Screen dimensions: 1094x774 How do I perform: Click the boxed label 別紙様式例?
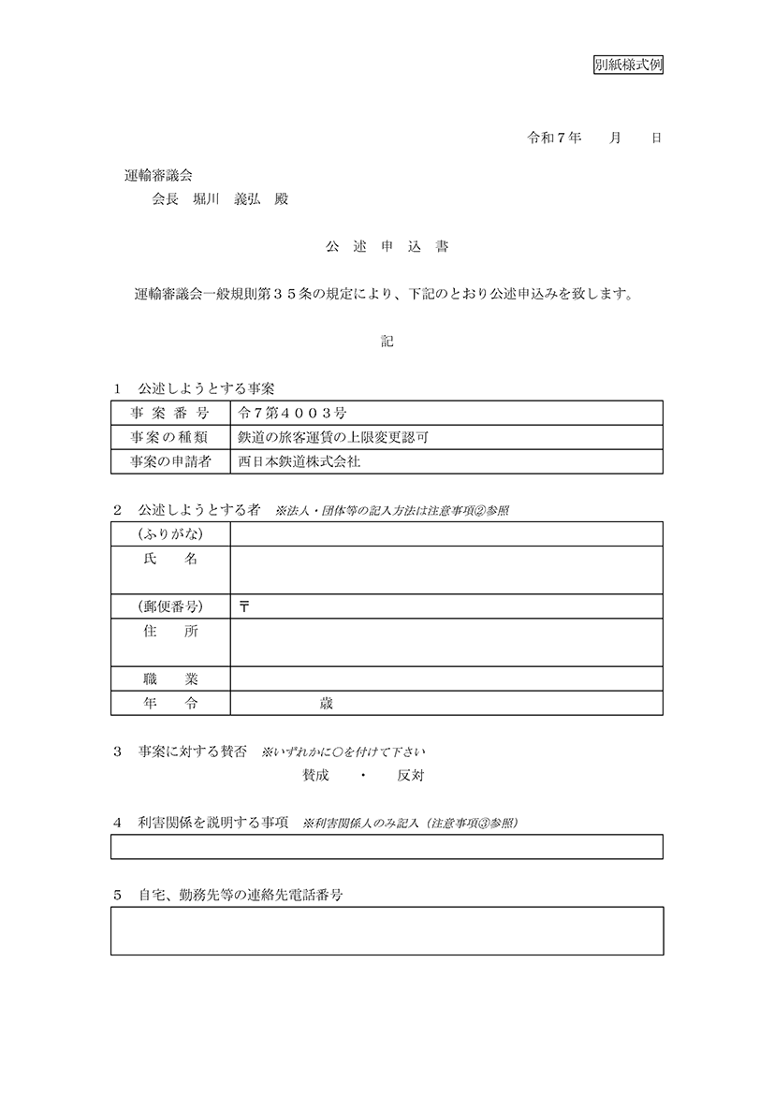[x=629, y=65]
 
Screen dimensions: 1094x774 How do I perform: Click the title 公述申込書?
[x=387, y=247]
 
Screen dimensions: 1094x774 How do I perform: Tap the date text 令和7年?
[x=555, y=138]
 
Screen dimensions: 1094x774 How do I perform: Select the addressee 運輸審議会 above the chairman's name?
[x=159, y=175]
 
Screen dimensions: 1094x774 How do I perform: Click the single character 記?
[x=387, y=342]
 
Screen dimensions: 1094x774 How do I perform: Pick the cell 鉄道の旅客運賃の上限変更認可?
[x=334, y=437]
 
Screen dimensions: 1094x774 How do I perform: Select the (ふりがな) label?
[x=170, y=533]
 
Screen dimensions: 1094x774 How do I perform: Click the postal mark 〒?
[x=244, y=606]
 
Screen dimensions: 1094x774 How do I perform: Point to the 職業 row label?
[x=171, y=678]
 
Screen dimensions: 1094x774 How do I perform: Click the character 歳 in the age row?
[x=326, y=703]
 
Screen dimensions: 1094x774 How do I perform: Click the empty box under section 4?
[x=387, y=846]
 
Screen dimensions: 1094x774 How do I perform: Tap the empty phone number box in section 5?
[x=387, y=930]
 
